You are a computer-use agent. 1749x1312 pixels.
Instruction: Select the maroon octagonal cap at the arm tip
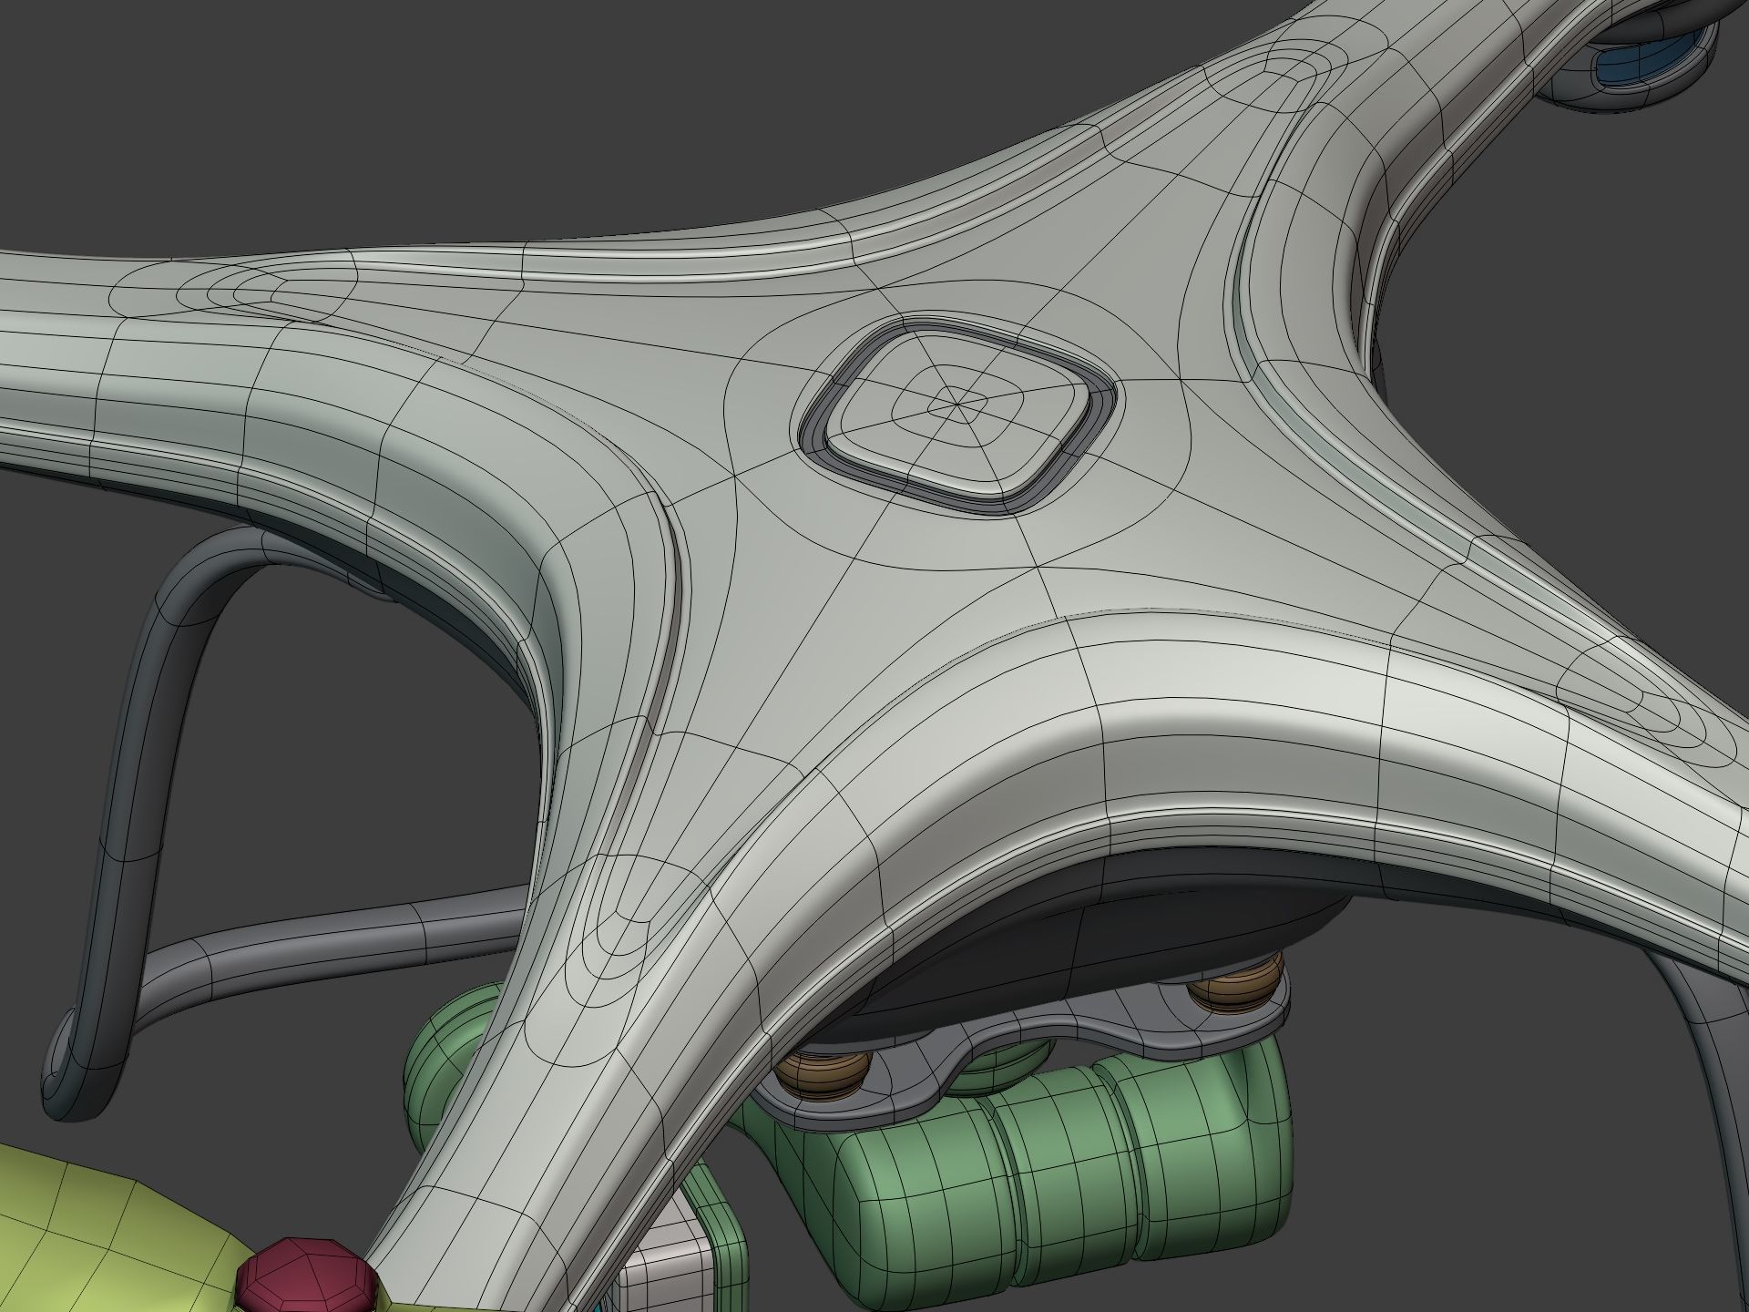[307, 1275]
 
